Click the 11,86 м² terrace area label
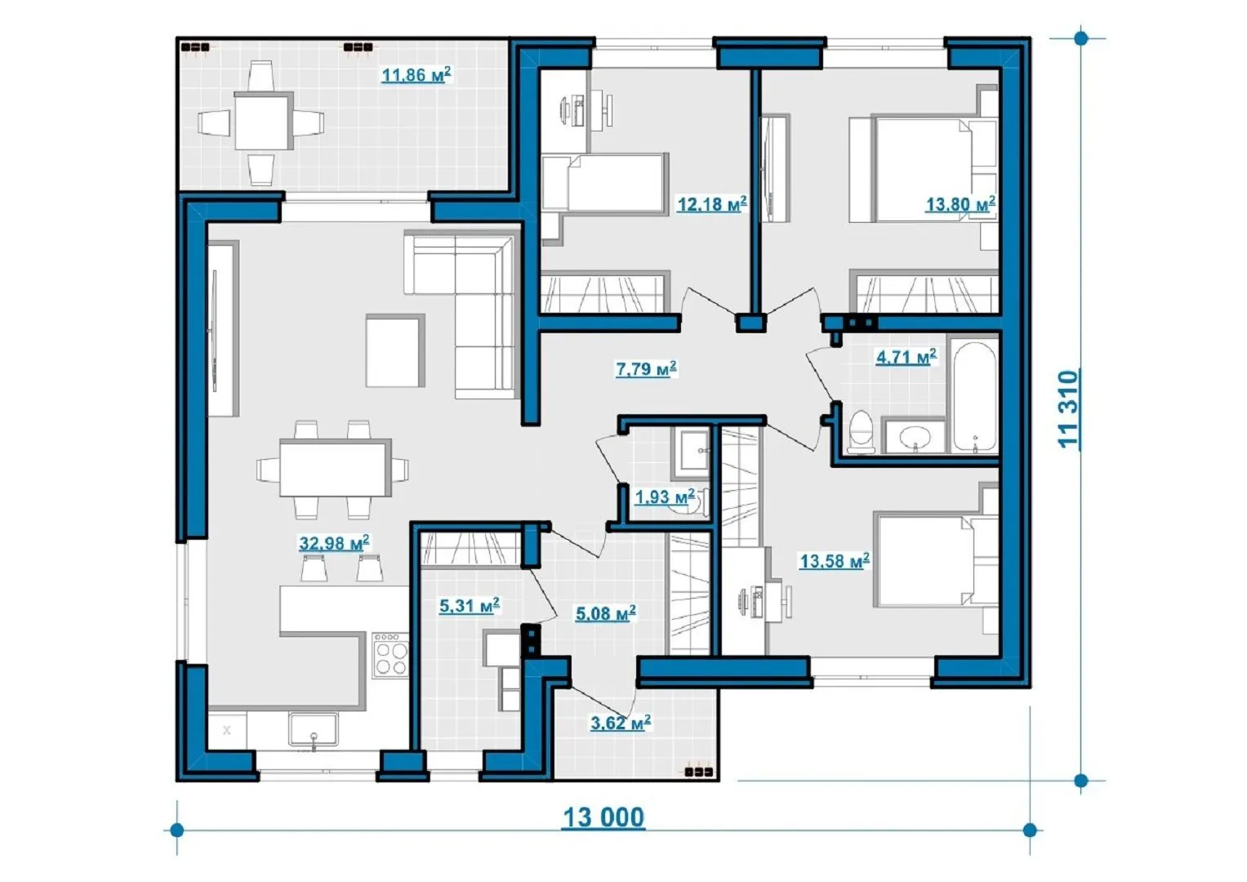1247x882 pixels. [x=416, y=74]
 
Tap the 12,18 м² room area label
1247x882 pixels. [x=712, y=204]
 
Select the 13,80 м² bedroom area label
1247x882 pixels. [x=960, y=204]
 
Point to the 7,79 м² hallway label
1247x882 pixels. [x=646, y=368]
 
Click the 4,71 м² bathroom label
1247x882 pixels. [x=906, y=356]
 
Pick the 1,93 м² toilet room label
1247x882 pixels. [x=665, y=497]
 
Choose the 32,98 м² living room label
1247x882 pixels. [x=334, y=543]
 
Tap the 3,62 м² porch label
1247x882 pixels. [x=621, y=724]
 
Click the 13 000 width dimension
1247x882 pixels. [x=604, y=817]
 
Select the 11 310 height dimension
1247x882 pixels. [x=1068, y=408]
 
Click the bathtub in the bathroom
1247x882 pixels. [x=974, y=397]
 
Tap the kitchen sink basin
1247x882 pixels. [x=313, y=729]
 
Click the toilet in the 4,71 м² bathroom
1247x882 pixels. [x=862, y=432]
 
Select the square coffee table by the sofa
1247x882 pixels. [x=395, y=350]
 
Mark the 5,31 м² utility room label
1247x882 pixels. [x=470, y=605]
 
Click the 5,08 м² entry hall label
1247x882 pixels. [x=606, y=613]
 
